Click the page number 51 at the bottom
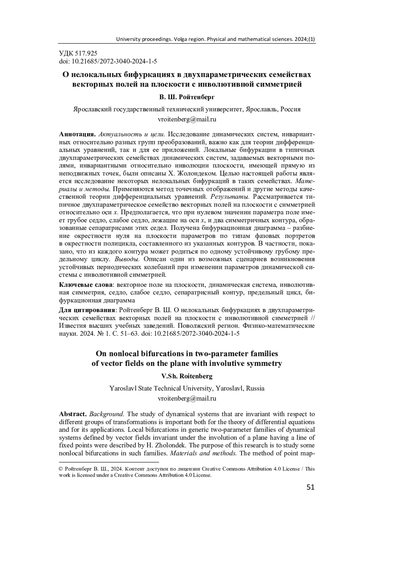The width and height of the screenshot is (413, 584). [x=310, y=487]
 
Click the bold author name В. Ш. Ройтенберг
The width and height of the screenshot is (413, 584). [x=187, y=97]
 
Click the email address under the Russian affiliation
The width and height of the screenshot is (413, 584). [x=187, y=120]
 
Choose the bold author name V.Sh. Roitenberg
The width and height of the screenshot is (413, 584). [x=187, y=377]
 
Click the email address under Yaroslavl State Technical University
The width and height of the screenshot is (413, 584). [x=187, y=399]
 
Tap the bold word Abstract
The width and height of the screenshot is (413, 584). [x=73, y=414]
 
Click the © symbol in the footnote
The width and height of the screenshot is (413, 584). [x=61, y=469]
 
